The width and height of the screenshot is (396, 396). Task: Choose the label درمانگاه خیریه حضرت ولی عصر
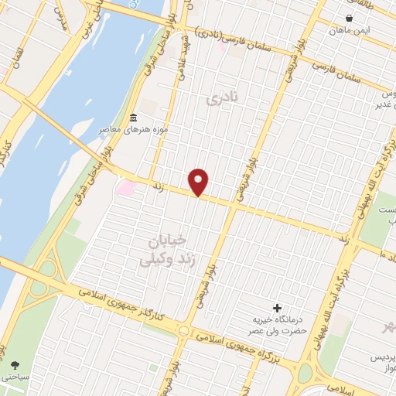(278, 325)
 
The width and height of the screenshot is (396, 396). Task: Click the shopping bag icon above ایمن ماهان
(350, 18)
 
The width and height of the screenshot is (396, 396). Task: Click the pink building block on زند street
(125, 187)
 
